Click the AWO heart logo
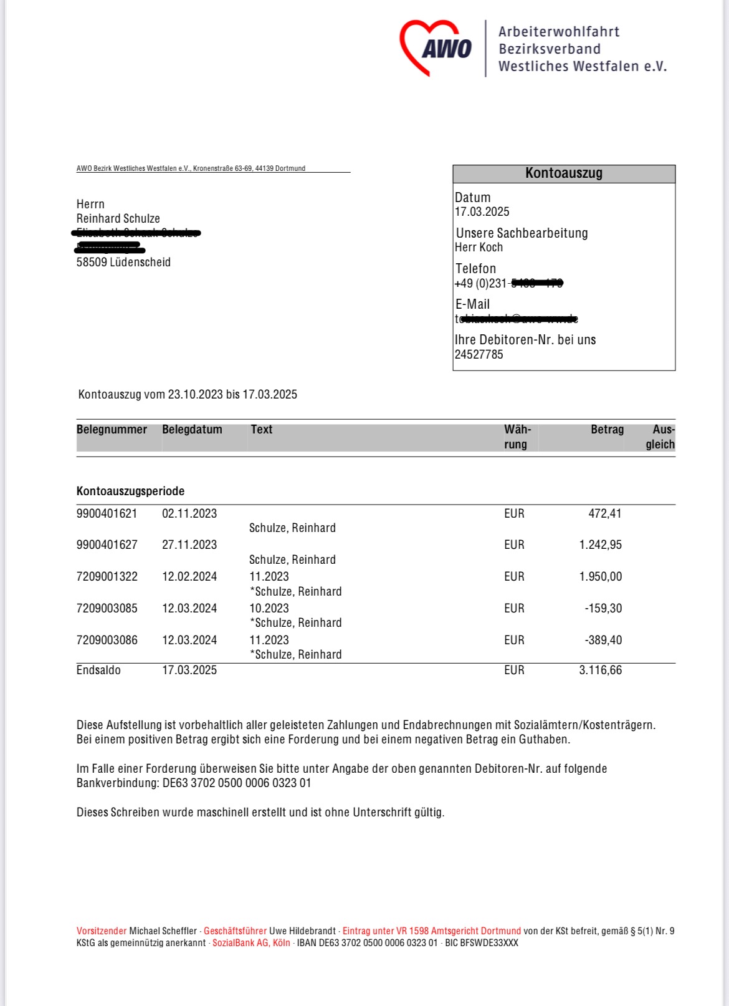coord(436,47)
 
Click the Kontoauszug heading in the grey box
coord(563,173)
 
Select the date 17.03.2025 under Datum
coord(482,212)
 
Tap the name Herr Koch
coord(479,248)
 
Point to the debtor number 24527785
coord(479,355)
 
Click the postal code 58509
coord(92,263)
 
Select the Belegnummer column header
coord(112,430)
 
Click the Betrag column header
coord(607,430)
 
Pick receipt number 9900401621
coord(107,514)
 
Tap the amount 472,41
coord(604,514)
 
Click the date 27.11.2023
coord(189,545)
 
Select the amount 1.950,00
coord(600,577)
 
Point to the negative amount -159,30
coord(603,609)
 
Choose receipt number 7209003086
coord(107,641)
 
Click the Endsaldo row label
coord(98,670)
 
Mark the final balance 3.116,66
coord(600,670)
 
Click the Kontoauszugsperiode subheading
coord(130,491)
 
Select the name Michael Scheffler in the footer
coord(163,931)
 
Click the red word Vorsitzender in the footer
coord(101,931)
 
